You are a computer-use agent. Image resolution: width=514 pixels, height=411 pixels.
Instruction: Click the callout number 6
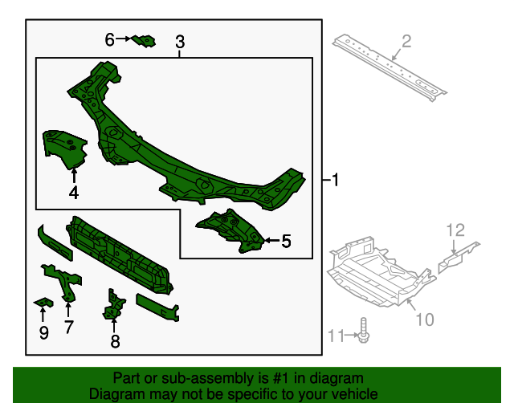[x=110, y=38]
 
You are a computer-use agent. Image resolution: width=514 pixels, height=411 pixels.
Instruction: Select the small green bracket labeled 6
[x=144, y=40]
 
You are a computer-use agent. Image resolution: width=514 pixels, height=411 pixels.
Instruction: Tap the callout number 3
[x=180, y=42]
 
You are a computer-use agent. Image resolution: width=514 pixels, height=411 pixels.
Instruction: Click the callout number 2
[x=406, y=41]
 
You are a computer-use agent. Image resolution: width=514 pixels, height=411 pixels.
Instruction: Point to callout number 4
[x=73, y=193]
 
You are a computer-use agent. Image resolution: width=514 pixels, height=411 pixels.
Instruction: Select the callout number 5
[x=286, y=239]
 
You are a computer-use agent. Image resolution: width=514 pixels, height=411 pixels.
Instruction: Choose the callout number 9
[x=43, y=332]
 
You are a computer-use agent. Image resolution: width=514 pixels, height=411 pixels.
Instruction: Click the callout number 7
[x=68, y=327]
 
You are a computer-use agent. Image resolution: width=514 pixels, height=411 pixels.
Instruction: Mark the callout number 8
[x=115, y=342]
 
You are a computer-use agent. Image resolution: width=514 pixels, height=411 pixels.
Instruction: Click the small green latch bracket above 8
[x=113, y=306]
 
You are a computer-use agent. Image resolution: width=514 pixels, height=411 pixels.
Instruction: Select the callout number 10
[x=424, y=319]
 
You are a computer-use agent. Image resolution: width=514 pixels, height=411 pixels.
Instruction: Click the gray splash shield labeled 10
[x=377, y=269]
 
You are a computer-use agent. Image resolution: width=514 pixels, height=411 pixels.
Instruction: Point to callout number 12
[x=455, y=230]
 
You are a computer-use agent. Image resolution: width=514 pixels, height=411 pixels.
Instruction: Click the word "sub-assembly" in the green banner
[x=193, y=378]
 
